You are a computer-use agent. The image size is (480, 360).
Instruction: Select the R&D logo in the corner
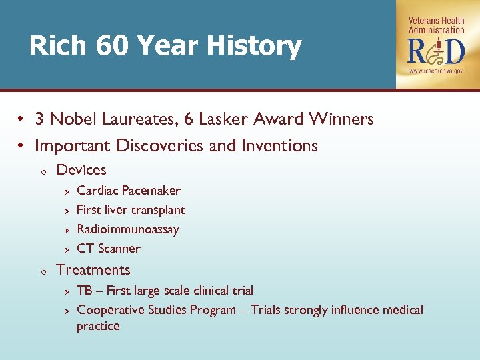tap(436, 51)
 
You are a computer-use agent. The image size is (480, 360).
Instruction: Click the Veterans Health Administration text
tap(436, 25)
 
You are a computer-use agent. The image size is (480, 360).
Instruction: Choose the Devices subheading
tap(81, 170)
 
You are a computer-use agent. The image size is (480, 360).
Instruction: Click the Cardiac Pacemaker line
tap(129, 191)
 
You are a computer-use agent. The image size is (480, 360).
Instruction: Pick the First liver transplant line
tap(131, 210)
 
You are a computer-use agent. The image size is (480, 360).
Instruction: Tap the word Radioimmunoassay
tap(128, 229)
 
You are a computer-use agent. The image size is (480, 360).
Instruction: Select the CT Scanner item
tap(109, 249)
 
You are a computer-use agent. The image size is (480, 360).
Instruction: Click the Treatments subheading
tap(93, 270)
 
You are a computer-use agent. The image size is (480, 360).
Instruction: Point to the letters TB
tap(85, 291)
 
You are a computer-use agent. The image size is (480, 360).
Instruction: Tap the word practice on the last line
tap(98, 327)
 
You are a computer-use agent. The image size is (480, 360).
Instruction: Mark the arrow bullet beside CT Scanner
tap(67, 249)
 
